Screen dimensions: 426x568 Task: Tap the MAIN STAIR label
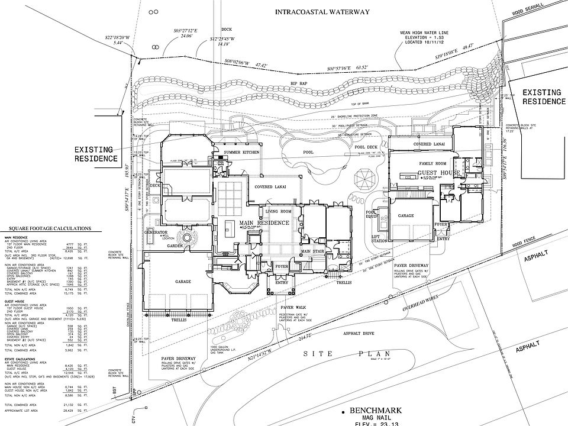pyautogui.click(x=314, y=251)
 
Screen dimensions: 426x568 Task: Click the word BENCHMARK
pyautogui.click(x=375, y=410)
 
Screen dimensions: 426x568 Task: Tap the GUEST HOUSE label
pyautogui.click(x=438, y=173)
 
